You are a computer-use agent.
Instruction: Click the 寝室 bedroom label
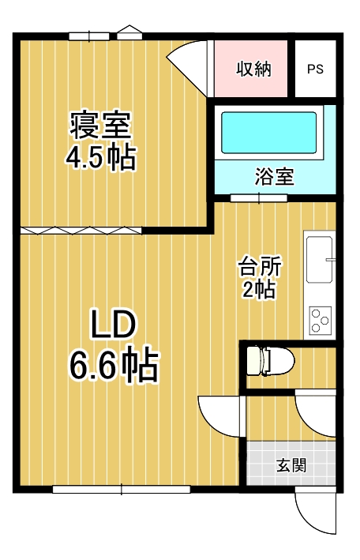click(100, 126)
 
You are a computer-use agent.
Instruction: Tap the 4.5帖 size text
click(100, 157)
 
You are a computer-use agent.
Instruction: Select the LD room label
click(113, 324)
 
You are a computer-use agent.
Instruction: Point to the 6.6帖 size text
click(113, 365)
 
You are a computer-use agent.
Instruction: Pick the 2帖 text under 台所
click(259, 289)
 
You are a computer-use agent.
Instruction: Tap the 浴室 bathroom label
click(274, 176)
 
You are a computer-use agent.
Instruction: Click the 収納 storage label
click(254, 69)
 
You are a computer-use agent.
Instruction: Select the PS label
click(315, 69)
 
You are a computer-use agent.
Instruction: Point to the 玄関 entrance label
click(291, 465)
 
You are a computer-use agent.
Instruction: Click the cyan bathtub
click(269, 133)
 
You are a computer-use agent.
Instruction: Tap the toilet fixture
click(270, 360)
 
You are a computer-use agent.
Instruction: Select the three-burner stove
click(320, 321)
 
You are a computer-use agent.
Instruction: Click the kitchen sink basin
click(319, 260)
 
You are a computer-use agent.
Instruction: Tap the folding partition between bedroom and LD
click(81, 231)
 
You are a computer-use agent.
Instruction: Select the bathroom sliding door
click(259, 197)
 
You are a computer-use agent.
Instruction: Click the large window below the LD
click(122, 489)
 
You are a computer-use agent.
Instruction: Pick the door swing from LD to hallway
click(221, 416)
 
